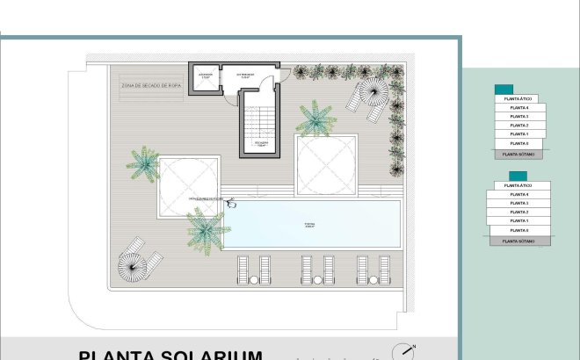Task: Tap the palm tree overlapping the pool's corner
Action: [207, 230]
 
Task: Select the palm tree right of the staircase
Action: [314, 119]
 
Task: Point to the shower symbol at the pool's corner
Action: [232, 202]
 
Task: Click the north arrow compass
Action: [405, 349]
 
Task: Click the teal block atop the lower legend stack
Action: [504, 176]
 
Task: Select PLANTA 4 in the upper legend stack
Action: [518, 108]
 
